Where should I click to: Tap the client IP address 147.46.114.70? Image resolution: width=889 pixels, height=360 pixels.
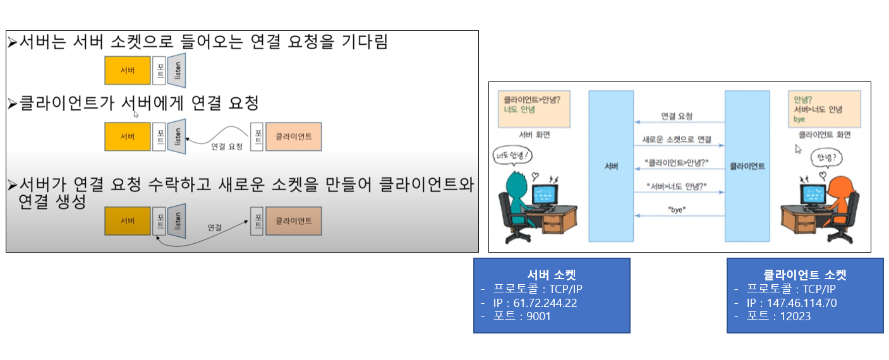tap(792, 303)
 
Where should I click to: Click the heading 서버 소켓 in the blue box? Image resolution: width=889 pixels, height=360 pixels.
tap(551, 275)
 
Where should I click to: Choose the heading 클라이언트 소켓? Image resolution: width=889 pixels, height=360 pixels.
tap(805, 275)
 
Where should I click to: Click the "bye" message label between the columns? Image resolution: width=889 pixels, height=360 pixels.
tap(677, 209)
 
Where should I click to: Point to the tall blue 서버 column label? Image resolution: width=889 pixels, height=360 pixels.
tap(611, 166)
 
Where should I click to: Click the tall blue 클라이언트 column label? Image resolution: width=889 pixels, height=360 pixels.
tap(747, 166)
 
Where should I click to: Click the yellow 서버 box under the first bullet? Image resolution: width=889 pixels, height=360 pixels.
tap(128, 70)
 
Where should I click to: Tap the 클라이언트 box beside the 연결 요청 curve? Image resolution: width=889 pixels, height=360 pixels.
tap(293, 136)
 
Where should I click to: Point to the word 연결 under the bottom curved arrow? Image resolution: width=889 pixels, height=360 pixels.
tap(215, 227)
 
